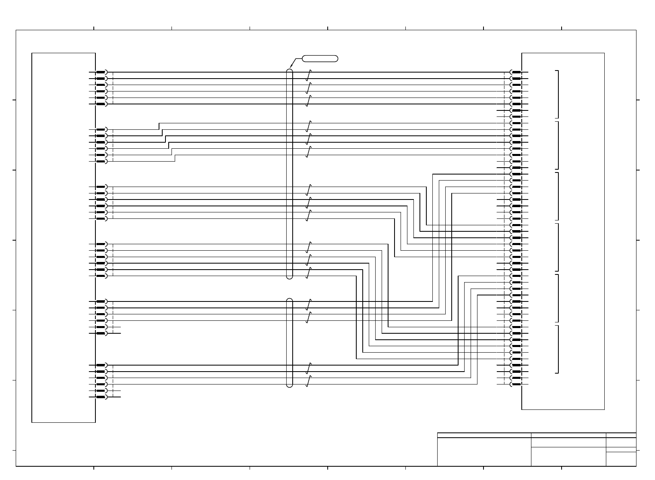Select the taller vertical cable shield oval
coord(289,174)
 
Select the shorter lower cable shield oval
coord(289,343)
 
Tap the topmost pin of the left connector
coord(101,72)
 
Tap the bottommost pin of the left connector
coord(101,397)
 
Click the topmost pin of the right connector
coord(516,72)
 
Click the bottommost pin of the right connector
coord(516,384)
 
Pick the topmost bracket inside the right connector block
coord(558,94)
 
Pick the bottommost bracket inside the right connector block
coord(558,349)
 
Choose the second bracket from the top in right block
coord(558,145)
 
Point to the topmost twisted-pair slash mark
coord(309,75)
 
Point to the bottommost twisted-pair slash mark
coord(309,381)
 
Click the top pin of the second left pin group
coord(101,130)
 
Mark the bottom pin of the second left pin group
coord(101,161)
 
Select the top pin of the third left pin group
coord(101,187)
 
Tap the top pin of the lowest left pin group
coord(101,365)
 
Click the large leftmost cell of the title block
coord(484,452)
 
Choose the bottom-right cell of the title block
coord(621,459)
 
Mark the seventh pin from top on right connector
coord(516,110)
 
